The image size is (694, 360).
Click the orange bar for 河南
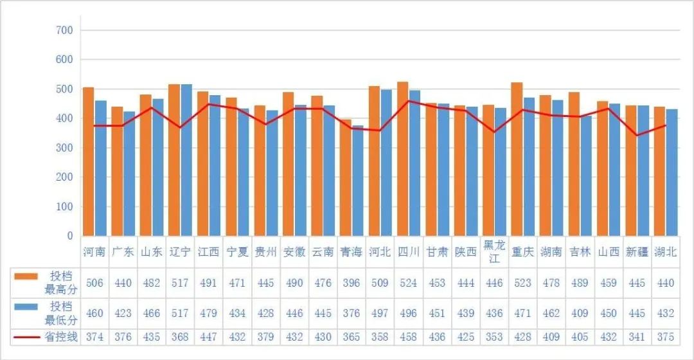pyautogui.click(x=89, y=161)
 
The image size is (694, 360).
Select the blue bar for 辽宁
pyautogui.click(x=186, y=160)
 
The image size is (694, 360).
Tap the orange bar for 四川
pyautogui.click(x=402, y=159)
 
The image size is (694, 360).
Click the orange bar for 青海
pyautogui.click(x=345, y=177)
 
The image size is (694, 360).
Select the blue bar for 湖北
pyautogui.click(x=672, y=172)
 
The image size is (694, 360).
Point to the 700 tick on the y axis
pyautogui.click(x=64, y=31)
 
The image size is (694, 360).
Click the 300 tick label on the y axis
pyautogui.click(x=64, y=148)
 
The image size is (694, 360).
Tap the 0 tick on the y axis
pyautogui.click(x=70, y=236)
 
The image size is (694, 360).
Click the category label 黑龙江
pyautogui.click(x=494, y=252)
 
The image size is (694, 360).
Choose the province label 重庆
pyautogui.click(x=522, y=252)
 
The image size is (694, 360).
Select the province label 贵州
pyautogui.click(x=265, y=252)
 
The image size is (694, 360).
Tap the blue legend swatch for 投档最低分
pyautogui.click(x=26, y=307)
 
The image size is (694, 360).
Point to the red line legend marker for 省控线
pyautogui.click(x=26, y=337)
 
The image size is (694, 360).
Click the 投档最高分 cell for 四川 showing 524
pyautogui.click(x=408, y=283)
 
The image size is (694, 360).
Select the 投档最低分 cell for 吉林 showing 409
pyautogui.click(x=580, y=314)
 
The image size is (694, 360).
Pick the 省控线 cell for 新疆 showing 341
pyautogui.click(x=637, y=337)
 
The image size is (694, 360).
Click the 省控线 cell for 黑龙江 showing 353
pyautogui.click(x=494, y=337)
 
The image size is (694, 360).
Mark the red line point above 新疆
pyautogui.click(x=637, y=136)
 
